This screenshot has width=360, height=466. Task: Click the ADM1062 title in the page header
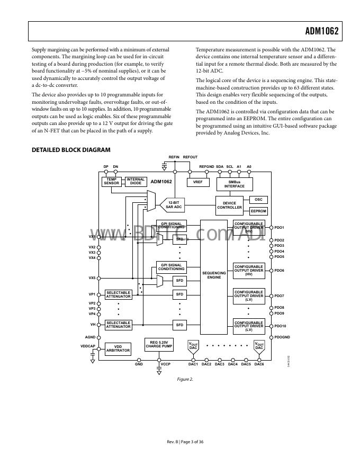[x=321, y=31]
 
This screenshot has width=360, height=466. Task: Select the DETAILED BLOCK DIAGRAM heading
[x=71, y=150]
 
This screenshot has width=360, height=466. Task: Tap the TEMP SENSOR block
[x=112, y=182]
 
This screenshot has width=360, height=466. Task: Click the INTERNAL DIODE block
[x=136, y=182]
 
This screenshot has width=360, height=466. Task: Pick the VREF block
[x=198, y=182]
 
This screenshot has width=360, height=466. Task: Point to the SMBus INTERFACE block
[x=235, y=184]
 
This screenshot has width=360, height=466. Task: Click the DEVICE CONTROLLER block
[x=229, y=205]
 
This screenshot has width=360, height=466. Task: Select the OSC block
[x=258, y=200]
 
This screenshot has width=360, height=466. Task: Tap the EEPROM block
[x=258, y=211]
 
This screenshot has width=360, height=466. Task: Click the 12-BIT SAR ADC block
[x=174, y=205]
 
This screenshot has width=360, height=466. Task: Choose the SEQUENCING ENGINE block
[x=214, y=275]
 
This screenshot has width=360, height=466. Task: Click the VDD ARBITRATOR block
[x=118, y=348]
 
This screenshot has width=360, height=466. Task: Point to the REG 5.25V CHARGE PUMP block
[x=159, y=344]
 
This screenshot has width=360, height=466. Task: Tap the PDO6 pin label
[x=280, y=271]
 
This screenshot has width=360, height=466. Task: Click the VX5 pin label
[x=92, y=277]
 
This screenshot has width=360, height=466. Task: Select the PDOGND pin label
[x=283, y=337]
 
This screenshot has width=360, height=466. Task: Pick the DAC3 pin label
[x=220, y=364]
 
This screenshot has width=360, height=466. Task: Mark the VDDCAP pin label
[x=88, y=346]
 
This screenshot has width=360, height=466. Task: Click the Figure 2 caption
[x=185, y=379]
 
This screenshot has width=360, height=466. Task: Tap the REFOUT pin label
[x=190, y=157]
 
